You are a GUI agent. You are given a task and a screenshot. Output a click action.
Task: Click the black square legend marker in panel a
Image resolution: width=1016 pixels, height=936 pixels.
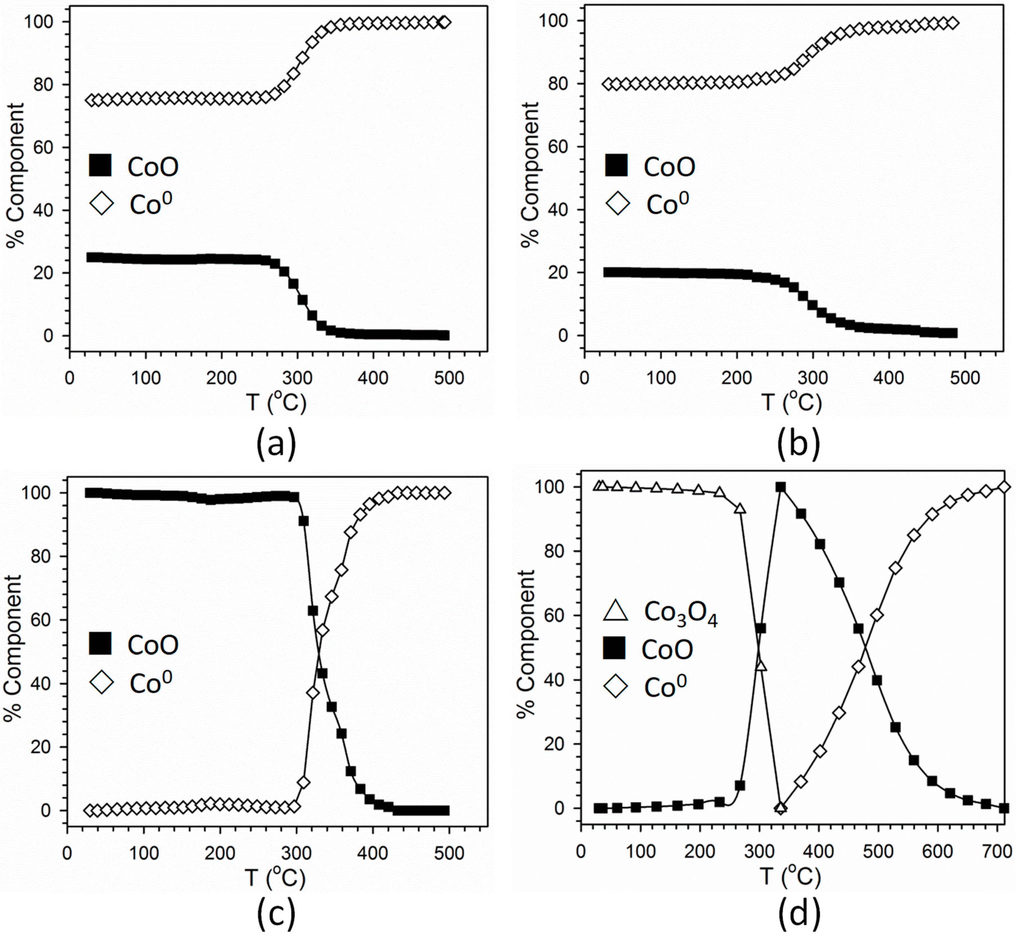point(100,165)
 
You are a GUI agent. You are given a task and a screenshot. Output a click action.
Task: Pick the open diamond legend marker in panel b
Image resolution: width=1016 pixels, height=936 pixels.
point(617,204)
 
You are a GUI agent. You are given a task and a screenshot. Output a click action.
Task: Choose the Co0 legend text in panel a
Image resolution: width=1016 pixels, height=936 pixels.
point(151,204)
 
